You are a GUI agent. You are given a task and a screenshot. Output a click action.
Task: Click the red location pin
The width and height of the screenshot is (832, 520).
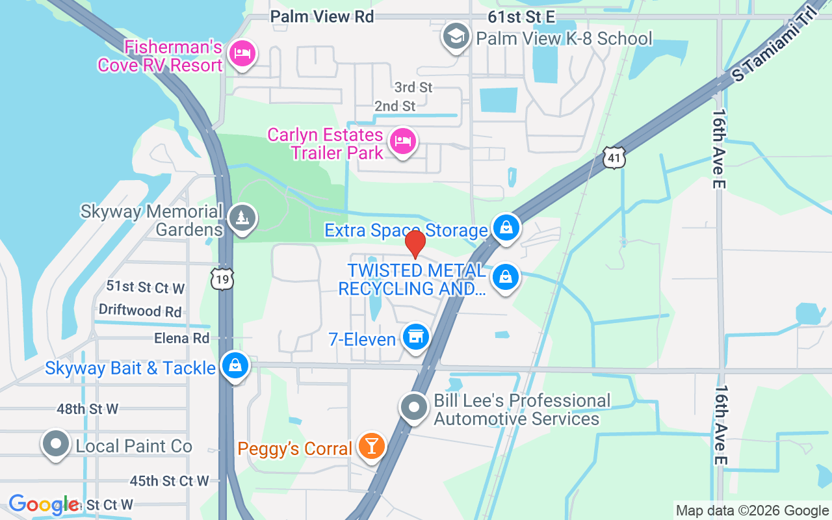(415, 244)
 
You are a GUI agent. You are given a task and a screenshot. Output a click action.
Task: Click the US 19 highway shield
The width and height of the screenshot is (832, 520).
(222, 278)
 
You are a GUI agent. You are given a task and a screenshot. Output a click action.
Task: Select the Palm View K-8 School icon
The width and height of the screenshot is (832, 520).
(456, 36)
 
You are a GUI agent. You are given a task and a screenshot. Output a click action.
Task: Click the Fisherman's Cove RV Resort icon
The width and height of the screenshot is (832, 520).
(242, 53)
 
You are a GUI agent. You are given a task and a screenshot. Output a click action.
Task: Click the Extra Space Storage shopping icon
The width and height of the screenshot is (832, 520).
(506, 228)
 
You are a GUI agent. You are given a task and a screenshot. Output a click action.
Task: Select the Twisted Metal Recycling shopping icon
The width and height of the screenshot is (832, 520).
(506, 278)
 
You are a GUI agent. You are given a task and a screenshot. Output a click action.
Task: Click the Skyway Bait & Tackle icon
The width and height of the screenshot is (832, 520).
(235, 366)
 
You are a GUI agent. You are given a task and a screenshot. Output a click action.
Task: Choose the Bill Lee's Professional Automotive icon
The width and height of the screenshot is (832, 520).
(414, 409)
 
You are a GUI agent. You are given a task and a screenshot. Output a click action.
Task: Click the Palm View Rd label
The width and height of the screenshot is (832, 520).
(322, 16)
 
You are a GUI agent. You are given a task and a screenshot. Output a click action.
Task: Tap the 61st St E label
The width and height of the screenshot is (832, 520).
(521, 16)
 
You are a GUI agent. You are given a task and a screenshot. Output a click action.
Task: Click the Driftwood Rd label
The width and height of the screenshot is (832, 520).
(140, 311)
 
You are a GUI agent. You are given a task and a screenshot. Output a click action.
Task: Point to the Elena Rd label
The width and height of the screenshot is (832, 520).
(181, 338)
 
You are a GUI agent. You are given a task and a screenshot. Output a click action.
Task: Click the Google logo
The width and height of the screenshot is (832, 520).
(43, 504)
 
